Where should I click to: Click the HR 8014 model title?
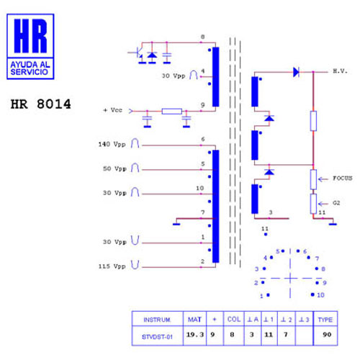pos(41,104)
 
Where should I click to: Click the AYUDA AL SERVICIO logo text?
pos(30,68)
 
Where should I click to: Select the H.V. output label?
pos(340,71)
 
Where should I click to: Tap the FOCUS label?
pos(343,179)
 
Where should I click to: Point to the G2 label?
pos(336,203)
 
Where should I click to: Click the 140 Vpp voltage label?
pos(112,144)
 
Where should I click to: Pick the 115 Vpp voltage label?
pos(112,266)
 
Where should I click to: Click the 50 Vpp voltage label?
pos(114,168)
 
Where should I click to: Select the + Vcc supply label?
pos(112,110)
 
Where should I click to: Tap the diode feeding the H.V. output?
pos(296,72)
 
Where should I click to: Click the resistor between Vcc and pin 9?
pos(172,111)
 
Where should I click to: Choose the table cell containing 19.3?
pos(195,335)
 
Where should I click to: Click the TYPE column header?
pos(325,320)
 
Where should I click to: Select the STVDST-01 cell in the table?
pos(157,337)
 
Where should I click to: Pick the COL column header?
pos(234,320)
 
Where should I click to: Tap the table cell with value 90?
pos(327,335)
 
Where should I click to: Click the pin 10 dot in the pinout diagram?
pos(312,294)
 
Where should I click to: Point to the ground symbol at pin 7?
pos(176,224)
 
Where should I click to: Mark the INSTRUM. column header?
pos(157,320)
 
